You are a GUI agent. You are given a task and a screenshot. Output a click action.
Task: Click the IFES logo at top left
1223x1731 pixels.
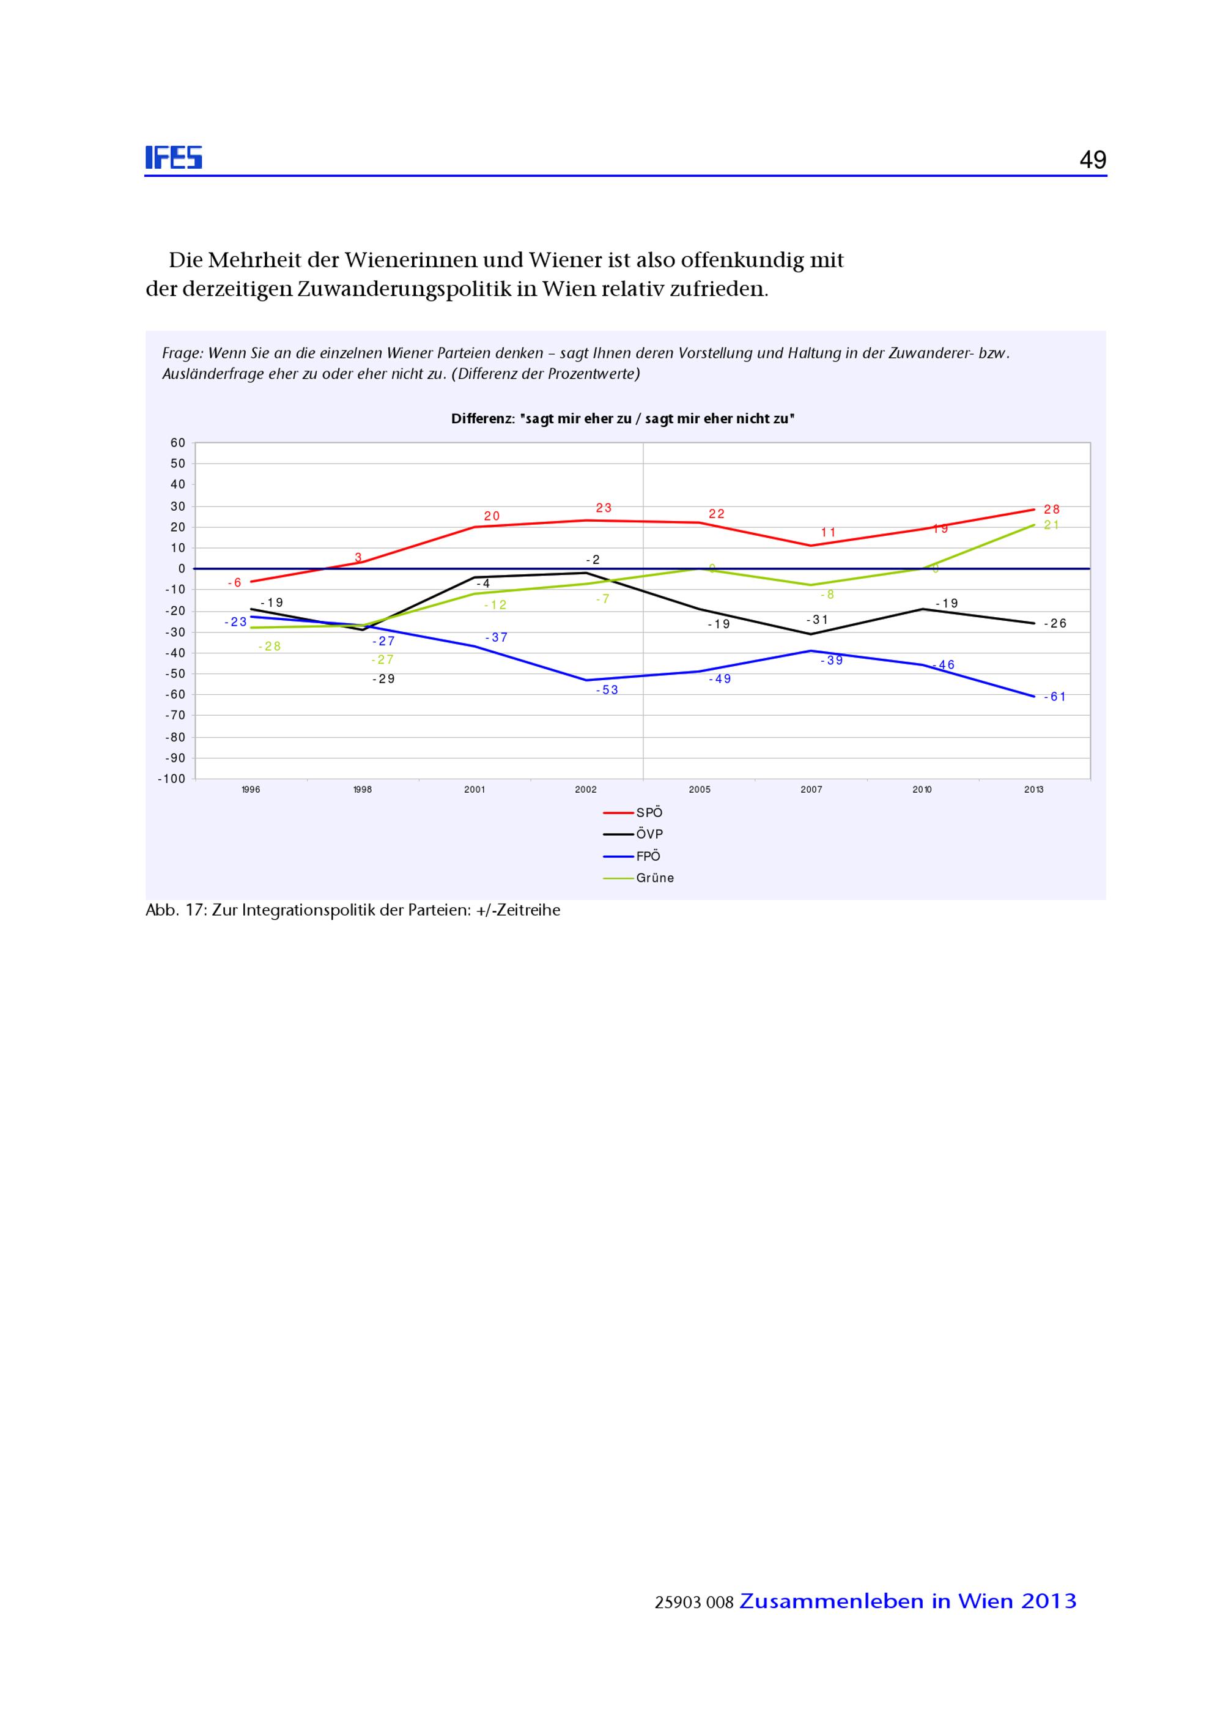coord(173,158)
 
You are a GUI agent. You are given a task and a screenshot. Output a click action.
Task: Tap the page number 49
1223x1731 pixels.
coord(1092,160)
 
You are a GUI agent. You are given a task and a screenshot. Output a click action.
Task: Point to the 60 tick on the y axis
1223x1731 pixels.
coord(177,443)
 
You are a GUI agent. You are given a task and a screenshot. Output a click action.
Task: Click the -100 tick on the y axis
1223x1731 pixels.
coord(172,779)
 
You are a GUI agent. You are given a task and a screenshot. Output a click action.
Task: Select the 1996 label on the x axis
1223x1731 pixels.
coord(251,790)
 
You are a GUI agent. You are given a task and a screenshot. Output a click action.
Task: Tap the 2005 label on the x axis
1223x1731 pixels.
coord(700,790)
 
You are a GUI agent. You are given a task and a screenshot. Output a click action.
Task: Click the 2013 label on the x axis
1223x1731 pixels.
coord(1034,790)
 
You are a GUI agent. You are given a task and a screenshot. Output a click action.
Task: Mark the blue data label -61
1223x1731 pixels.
coord(1055,697)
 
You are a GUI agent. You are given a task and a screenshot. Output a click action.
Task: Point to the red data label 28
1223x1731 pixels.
coord(1052,510)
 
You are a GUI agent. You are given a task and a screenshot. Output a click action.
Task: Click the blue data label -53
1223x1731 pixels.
coord(607,691)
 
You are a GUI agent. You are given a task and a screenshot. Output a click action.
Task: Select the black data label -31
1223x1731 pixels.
coord(818,620)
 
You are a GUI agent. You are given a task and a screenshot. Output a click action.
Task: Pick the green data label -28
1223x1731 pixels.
coord(270,647)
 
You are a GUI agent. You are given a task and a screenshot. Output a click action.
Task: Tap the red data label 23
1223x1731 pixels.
coord(604,508)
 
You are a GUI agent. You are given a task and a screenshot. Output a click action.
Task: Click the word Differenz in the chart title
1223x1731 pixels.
coord(481,419)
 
